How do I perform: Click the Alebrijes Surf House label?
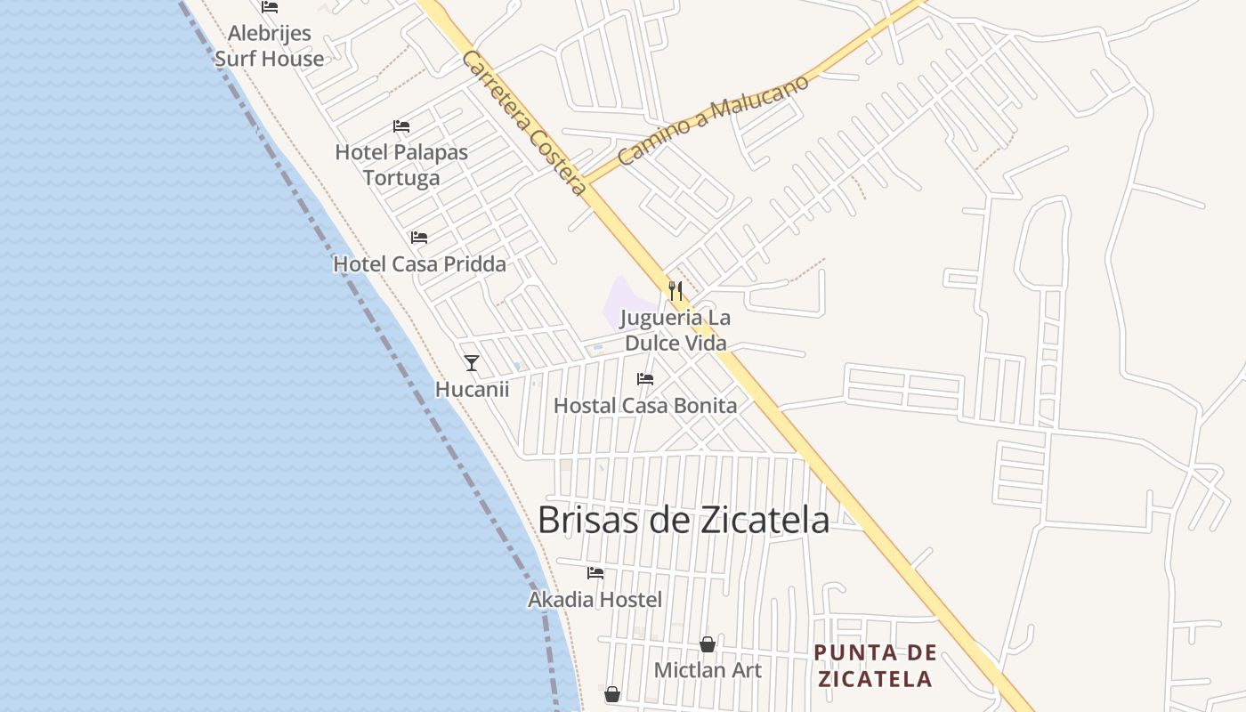[269, 46]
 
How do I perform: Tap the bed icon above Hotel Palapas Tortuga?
[401, 126]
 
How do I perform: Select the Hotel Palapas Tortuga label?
[401, 165]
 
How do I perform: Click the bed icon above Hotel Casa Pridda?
[419, 238]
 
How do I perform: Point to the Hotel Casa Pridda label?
[419, 264]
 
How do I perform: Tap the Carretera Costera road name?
[524, 123]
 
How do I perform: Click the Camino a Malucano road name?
[713, 120]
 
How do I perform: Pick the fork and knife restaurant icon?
[676, 290]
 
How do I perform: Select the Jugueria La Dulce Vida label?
[675, 330]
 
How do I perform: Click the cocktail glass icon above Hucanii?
[472, 363]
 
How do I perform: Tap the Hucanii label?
[472, 389]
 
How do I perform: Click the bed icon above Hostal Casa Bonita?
[645, 379]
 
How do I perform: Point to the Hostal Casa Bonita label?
[645, 406]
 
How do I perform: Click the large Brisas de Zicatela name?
[684, 521]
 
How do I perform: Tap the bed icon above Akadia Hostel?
[595, 573]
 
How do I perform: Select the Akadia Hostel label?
[595, 600]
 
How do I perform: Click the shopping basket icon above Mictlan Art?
[708, 644]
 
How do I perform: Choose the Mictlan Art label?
[708, 670]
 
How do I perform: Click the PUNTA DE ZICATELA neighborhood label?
[875, 666]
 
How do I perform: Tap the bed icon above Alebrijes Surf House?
[270, 7]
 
